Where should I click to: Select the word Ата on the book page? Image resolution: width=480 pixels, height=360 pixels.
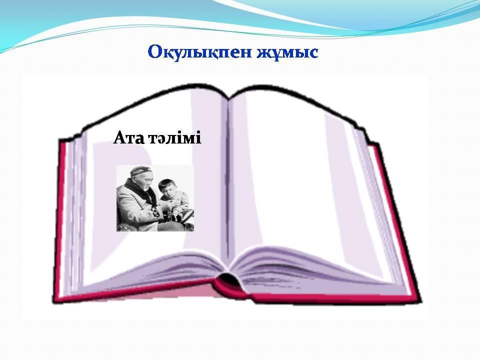tap(128, 138)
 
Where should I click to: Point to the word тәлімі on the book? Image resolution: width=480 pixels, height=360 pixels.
tap(175, 138)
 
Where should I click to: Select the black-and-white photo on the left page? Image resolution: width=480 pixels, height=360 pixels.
tap(155, 198)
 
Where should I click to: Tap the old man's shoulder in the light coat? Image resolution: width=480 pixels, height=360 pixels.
tap(125, 193)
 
